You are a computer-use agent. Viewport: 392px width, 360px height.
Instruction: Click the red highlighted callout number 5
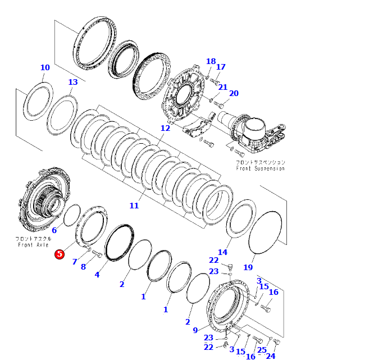(x=59, y=254)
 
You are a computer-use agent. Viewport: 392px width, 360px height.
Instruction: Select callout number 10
(x=45, y=68)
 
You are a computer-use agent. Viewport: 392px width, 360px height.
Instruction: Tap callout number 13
(x=73, y=83)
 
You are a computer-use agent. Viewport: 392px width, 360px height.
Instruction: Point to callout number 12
(x=165, y=128)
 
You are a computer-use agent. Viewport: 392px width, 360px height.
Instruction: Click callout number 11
(x=134, y=206)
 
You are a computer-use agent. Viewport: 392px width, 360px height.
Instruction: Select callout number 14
(x=223, y=252)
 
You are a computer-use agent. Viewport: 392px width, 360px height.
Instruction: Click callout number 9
(x=195, y=330)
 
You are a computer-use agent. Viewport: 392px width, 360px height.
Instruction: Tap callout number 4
(x=97, y=275)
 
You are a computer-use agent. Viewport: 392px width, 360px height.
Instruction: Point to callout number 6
(x=54, y=230)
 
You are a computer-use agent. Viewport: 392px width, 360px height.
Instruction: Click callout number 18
(x=211, y=61)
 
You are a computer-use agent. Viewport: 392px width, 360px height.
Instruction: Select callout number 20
(x=234, y=93)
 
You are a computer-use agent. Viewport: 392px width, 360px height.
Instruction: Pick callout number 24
(x=271, y=356)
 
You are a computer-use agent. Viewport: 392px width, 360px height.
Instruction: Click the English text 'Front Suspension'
(x=260, y=168)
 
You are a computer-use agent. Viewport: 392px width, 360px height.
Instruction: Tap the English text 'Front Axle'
(x=34, y=245)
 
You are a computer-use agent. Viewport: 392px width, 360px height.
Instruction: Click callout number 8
(x=83, y=267)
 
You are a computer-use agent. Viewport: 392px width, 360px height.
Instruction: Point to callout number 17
(x=221, y=67)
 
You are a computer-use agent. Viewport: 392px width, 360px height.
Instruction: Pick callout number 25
(x=262, y=350)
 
